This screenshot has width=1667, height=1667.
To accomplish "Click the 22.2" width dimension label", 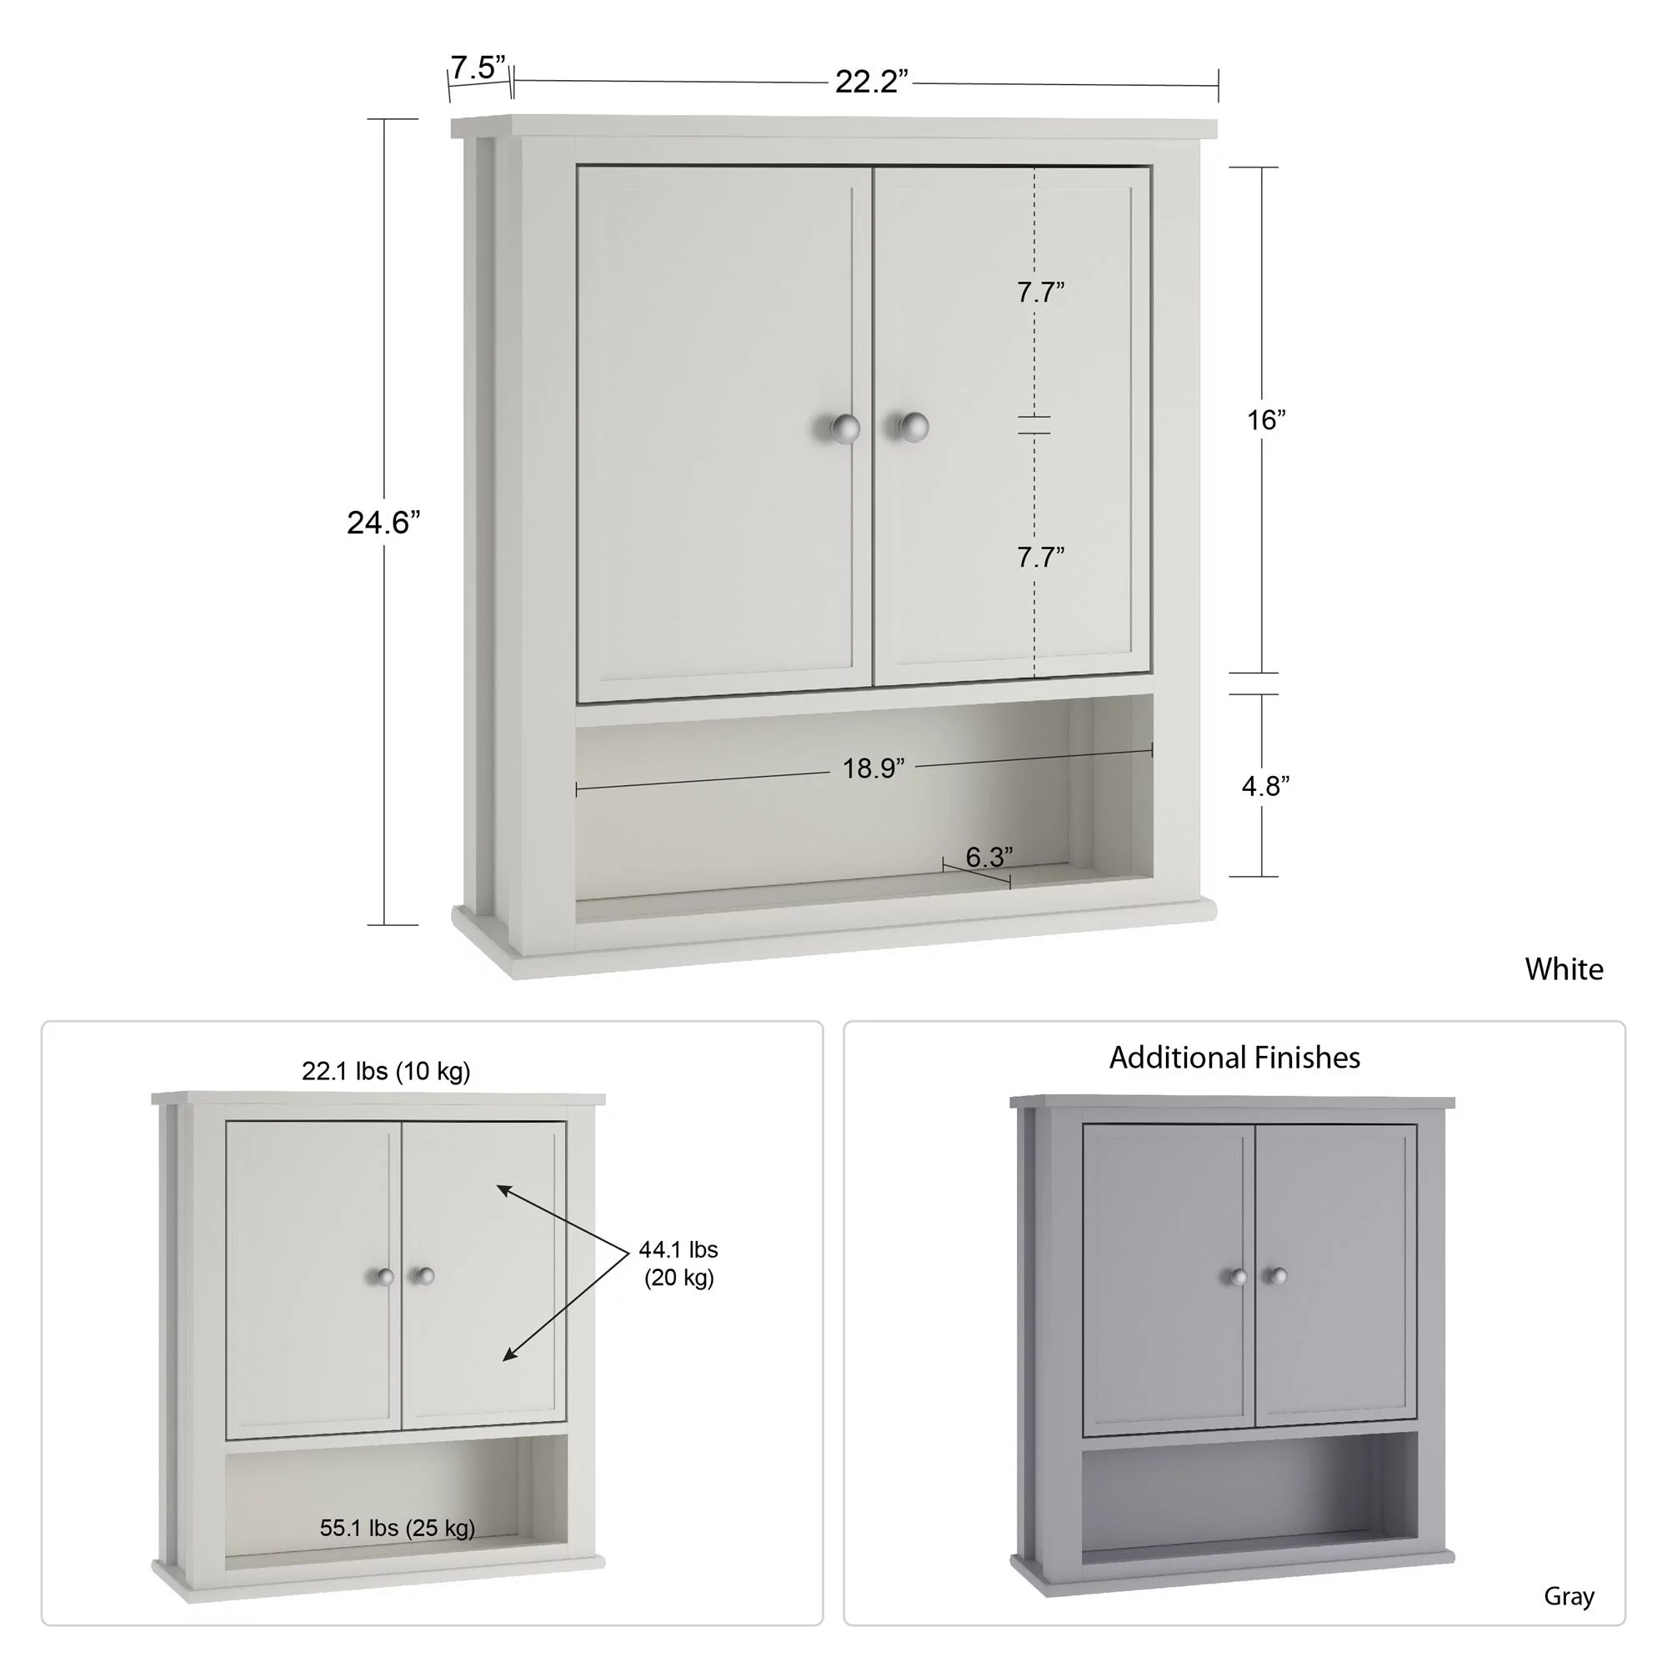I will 871,82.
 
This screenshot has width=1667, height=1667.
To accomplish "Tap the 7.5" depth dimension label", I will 478,68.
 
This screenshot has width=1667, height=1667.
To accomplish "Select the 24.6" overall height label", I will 383,523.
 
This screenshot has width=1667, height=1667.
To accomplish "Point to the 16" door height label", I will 1266,420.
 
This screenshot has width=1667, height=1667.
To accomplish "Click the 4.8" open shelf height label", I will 1265,786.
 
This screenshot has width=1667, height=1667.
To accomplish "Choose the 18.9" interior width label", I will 874,768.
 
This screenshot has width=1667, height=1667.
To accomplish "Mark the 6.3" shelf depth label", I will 989,857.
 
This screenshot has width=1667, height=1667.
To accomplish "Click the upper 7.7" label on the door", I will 1040,293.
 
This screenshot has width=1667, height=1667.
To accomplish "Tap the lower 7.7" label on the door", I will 1040,558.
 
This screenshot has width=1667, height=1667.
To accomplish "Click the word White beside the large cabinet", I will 1564,969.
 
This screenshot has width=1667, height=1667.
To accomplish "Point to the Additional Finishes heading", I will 1234,1058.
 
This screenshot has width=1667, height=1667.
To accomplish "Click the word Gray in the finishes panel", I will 1568,1597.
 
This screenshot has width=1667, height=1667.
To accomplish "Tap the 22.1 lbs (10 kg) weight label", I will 386,1072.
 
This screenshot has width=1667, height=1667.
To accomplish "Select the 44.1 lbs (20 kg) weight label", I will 678,1264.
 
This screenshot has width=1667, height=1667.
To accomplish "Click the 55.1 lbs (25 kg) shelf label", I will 397,1528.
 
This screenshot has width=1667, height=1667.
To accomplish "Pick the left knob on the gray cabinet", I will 1239,1277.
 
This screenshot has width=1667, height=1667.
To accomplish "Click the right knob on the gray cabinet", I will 1278,1275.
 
